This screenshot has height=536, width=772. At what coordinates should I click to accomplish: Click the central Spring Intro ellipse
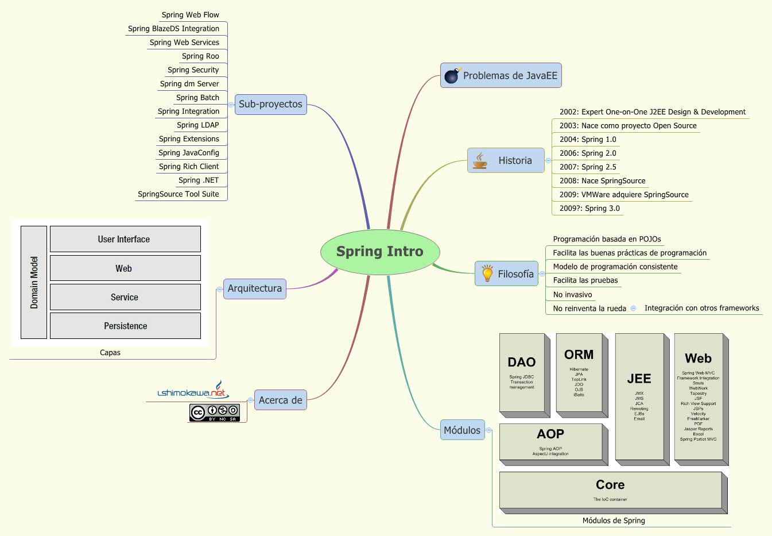[380, 252]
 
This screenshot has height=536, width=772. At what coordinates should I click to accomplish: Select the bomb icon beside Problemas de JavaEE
[452, 75]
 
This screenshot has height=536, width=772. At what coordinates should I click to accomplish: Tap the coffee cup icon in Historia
[480, 161]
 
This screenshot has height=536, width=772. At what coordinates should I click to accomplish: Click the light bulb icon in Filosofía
[487, 273]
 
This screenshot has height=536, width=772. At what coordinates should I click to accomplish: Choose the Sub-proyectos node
[270, 104]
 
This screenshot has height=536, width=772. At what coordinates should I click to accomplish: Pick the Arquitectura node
[254, 288]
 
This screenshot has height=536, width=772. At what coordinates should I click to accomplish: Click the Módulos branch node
[462, 430]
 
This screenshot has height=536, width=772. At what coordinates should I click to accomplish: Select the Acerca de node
[280, 400]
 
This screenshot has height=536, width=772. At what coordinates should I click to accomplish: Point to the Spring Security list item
[193, 70]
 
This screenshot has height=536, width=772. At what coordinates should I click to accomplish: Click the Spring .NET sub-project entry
[198, 180]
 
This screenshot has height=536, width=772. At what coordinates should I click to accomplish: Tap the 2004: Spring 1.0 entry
[587, 140]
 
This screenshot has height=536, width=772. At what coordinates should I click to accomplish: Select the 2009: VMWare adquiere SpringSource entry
[623, 195]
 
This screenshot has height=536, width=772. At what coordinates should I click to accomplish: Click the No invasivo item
[572, 295]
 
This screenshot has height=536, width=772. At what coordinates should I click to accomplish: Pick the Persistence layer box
[125, 326]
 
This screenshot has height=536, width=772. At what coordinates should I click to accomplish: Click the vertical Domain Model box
[34, 282]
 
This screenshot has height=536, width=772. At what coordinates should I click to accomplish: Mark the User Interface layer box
[125, 239]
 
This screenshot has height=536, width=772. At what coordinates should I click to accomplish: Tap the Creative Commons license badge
[215, 412]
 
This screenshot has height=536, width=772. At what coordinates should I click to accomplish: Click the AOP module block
[550, 442]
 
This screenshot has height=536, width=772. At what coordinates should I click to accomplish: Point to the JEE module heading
[639, 379]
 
